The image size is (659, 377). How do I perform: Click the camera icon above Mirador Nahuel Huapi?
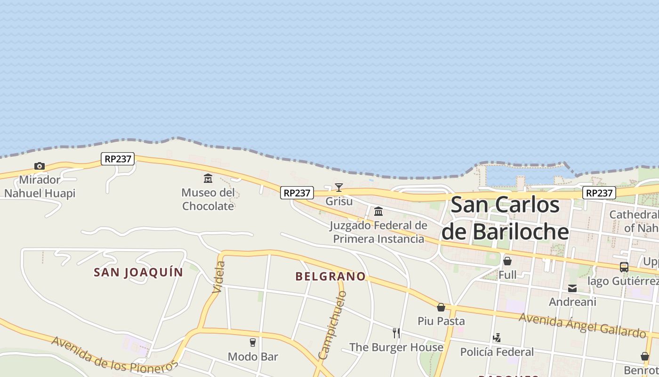40,166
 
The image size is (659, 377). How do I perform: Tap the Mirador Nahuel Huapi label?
40,187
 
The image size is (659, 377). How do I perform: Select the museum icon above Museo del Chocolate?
208,178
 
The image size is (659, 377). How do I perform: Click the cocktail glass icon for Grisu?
338,188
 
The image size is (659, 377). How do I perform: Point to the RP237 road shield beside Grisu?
297,193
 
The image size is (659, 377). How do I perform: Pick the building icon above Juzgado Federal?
378,211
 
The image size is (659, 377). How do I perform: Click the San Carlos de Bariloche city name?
505,218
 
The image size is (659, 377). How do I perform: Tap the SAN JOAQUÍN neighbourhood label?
138,272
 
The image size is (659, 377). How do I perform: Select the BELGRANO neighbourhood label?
330,277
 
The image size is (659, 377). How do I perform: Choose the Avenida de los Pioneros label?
115,354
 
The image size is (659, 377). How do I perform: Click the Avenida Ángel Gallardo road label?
582,325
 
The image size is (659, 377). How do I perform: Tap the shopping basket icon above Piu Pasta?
441,307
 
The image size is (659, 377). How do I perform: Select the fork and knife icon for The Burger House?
396,333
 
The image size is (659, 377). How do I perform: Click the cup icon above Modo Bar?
253,342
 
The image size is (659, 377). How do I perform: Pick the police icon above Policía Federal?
497,337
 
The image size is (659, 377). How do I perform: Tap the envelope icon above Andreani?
572,288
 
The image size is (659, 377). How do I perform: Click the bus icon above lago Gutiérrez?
624,267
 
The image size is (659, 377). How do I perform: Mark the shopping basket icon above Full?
507,261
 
